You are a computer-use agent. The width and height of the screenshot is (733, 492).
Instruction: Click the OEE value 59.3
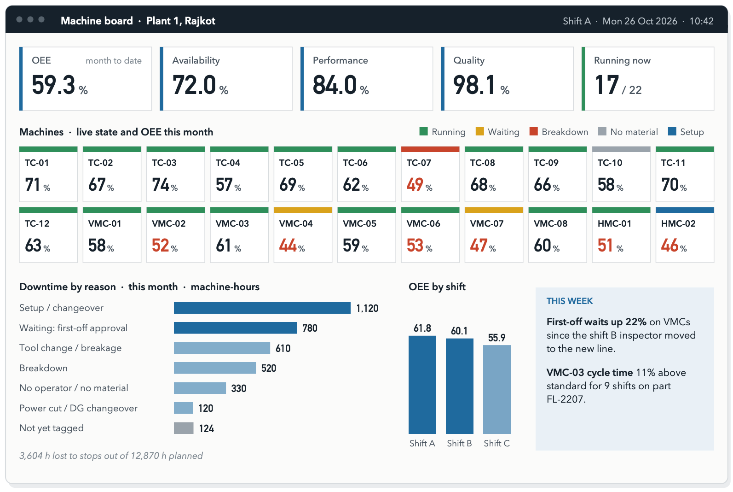54,85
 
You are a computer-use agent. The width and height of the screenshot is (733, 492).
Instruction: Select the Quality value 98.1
474,85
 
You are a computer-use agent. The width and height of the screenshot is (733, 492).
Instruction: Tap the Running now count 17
607,85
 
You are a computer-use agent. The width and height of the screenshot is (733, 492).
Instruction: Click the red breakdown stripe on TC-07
430,149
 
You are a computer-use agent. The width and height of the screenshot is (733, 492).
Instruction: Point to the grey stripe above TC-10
621,149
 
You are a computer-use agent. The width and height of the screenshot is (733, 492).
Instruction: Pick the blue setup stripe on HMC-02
685,210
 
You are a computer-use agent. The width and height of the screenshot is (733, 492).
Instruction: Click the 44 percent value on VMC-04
288,246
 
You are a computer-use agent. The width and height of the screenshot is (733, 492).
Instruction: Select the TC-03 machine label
164,163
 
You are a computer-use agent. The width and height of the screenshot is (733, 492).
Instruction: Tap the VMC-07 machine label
486,223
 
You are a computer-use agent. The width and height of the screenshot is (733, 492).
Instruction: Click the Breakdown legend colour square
534,131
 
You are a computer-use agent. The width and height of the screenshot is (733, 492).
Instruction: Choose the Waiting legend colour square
480,131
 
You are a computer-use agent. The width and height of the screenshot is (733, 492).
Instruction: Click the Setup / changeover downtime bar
262,308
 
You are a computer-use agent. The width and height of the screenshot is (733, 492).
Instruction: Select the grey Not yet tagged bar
184,428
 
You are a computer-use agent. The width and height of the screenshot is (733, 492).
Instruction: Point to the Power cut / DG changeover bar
183,408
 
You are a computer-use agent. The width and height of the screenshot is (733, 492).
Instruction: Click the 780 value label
310,328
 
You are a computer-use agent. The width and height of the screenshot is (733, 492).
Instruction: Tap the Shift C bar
497,389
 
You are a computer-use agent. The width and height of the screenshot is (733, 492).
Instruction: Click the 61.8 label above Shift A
422,328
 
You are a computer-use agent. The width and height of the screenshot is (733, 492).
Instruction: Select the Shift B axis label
459,443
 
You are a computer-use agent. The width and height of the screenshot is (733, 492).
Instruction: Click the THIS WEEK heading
569,301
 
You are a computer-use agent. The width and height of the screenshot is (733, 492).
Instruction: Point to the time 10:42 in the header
701,21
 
